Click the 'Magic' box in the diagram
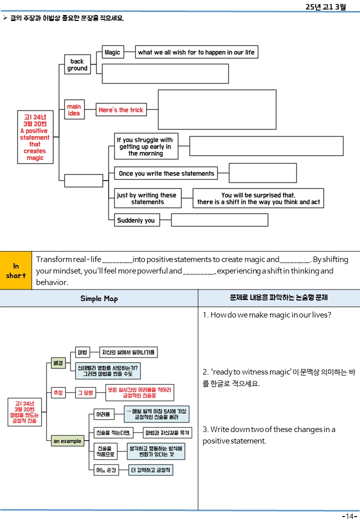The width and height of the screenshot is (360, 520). (x=112, y=52)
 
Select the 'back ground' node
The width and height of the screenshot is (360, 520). (x=77, y=64)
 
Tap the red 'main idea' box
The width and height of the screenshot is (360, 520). (x=74, y=109)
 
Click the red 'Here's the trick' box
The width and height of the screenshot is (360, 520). (x=121, y=110)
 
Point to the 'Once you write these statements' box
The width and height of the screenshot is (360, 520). (x=166, y=173)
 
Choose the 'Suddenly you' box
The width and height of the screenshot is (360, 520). (x=137, y=220)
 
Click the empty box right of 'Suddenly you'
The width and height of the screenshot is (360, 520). (x=219, y=220)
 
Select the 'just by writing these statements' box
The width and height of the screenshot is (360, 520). (x=147, y=198)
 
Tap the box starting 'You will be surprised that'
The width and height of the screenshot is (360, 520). (x=258, y=198)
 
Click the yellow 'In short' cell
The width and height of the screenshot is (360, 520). (x=16, y=270)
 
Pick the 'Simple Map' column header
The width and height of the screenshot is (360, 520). (x=99, y=298)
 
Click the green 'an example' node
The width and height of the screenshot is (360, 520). (x=67, y=441)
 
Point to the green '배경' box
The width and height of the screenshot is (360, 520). (x=58, y=363)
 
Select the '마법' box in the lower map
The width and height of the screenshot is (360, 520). (x=82, y=352)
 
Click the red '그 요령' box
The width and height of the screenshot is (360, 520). (x=85, y=392)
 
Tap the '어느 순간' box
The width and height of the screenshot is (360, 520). (x=106, y=470)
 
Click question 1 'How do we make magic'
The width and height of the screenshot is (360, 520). (x=267, y=314)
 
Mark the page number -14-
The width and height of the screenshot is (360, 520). (x=349, y=515)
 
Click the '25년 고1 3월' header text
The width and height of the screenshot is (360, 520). (x=325, y=6)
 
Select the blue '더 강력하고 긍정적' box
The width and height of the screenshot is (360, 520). (x=151, y=470)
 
